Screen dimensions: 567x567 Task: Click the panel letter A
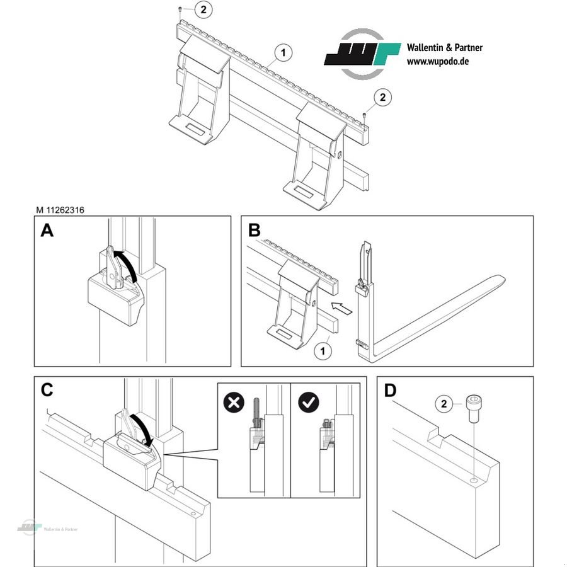47,231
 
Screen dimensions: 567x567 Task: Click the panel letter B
254,231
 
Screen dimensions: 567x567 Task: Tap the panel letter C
47,390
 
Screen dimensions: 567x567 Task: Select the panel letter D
391,391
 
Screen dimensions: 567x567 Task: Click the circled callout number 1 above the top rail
283,53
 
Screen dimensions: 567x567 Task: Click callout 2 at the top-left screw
203,9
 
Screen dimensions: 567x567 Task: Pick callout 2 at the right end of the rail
383,98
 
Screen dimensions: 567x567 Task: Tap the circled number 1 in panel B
323,350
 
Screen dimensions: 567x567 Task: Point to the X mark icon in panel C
234,402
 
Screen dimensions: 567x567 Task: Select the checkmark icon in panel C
308,402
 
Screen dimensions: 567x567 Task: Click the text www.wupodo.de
437,62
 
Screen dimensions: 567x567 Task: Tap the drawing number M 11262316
60,211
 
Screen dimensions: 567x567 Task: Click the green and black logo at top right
362,54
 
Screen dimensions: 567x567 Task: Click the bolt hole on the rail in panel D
473,481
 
